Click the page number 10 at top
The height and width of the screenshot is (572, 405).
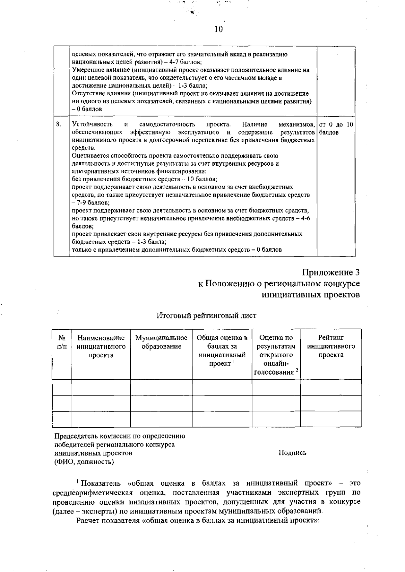coord(219,29)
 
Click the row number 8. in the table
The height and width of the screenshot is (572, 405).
coord(59,125)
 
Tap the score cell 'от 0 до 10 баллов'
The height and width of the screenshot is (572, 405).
coord(336,128)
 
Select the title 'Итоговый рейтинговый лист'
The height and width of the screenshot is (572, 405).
coord(206,315)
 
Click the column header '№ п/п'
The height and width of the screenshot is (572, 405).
coord(62,342)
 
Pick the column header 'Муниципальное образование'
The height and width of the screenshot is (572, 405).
coord(161,342)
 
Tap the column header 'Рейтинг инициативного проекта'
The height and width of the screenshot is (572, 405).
coord(331,346)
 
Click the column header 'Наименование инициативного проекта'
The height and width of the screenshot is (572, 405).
coord(101,346)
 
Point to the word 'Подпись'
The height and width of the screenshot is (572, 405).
coord(292,453)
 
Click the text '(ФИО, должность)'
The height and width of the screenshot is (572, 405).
coord(84,461)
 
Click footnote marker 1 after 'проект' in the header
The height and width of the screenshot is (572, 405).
coord(234,362)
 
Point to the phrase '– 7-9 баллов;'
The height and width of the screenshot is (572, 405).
coord(91,203)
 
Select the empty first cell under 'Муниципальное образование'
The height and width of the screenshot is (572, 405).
coord(161,387)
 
